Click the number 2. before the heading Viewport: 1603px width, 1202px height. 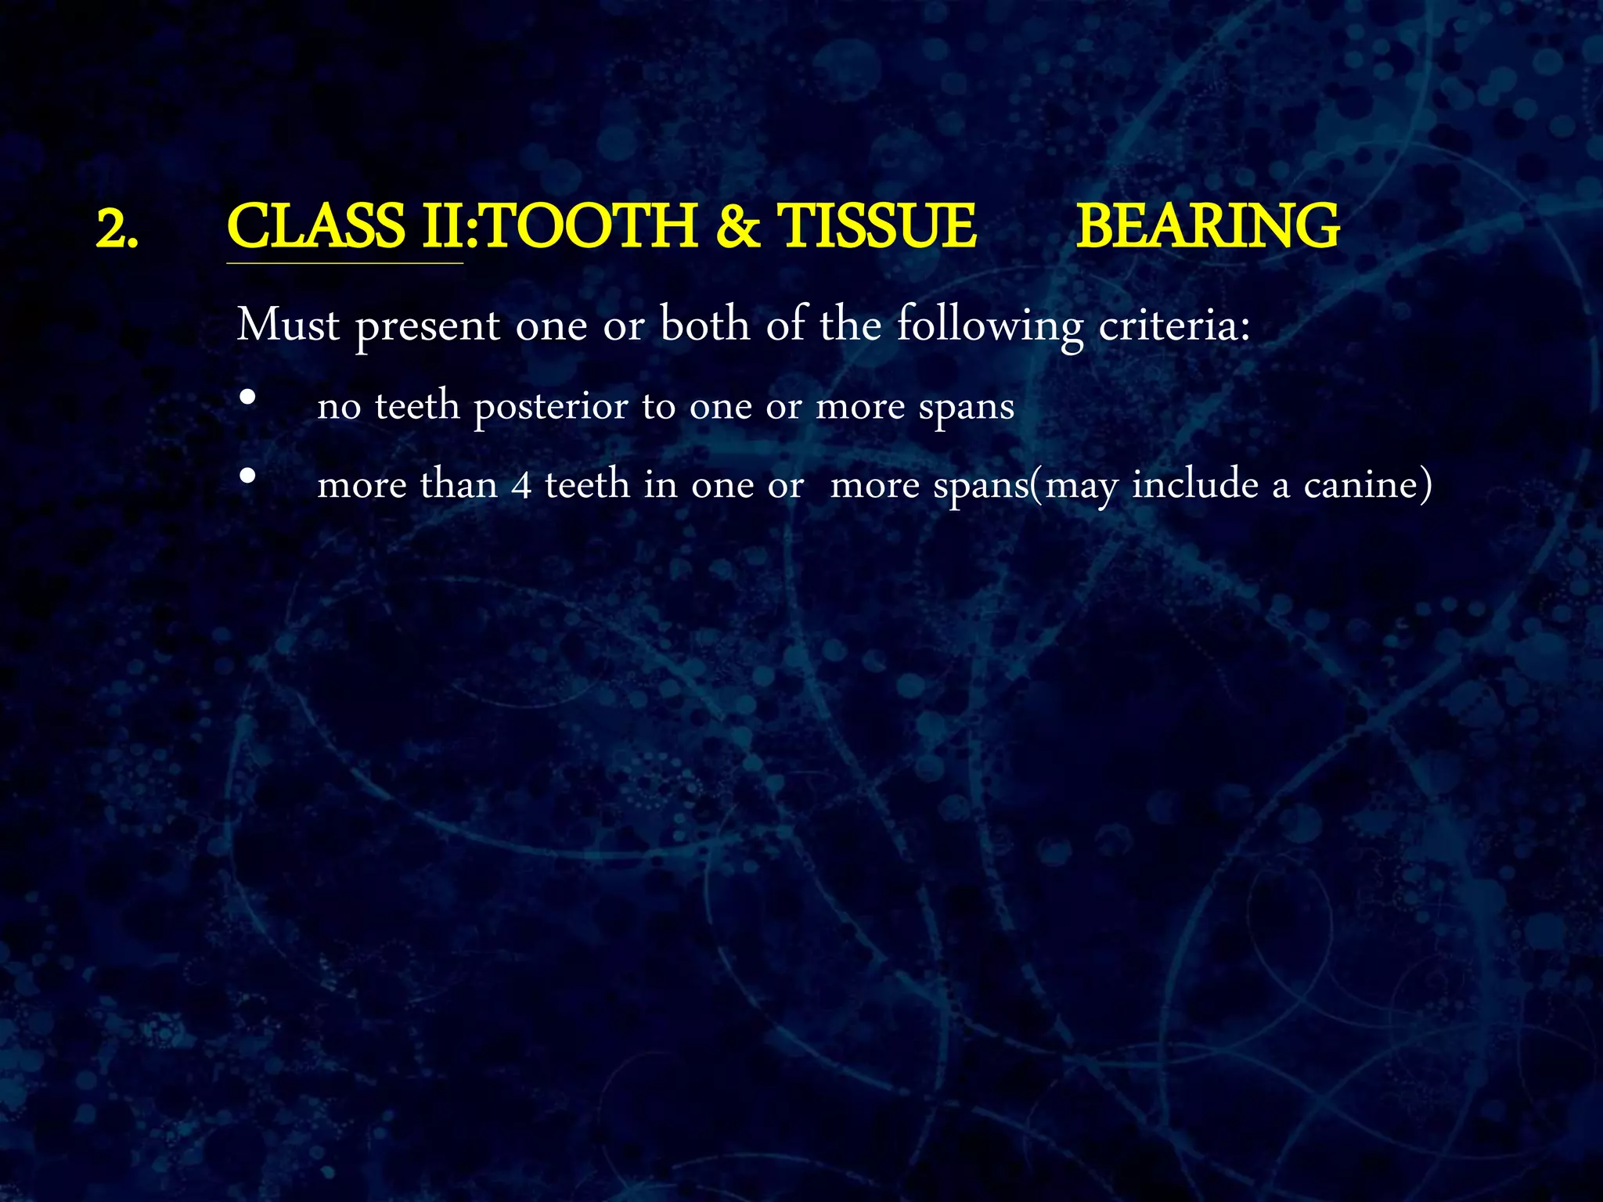(117, 229)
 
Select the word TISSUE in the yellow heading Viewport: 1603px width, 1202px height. (876, 227)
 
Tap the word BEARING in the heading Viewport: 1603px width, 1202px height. (1208, 227)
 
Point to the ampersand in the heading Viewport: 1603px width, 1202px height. (737, 227)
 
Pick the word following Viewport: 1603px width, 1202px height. (989, 326)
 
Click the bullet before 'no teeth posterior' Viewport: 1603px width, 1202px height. (247, 398)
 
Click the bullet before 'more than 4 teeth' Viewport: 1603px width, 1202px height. (247, 475)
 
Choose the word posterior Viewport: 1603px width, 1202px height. (551, 407)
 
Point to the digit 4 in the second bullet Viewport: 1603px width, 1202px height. (522, 485)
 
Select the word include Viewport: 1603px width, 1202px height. (1195, 484)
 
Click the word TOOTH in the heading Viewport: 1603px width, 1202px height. (591, 227)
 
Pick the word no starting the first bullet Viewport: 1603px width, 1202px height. (339, 407)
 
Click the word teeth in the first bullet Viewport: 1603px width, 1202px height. (417, 405)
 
